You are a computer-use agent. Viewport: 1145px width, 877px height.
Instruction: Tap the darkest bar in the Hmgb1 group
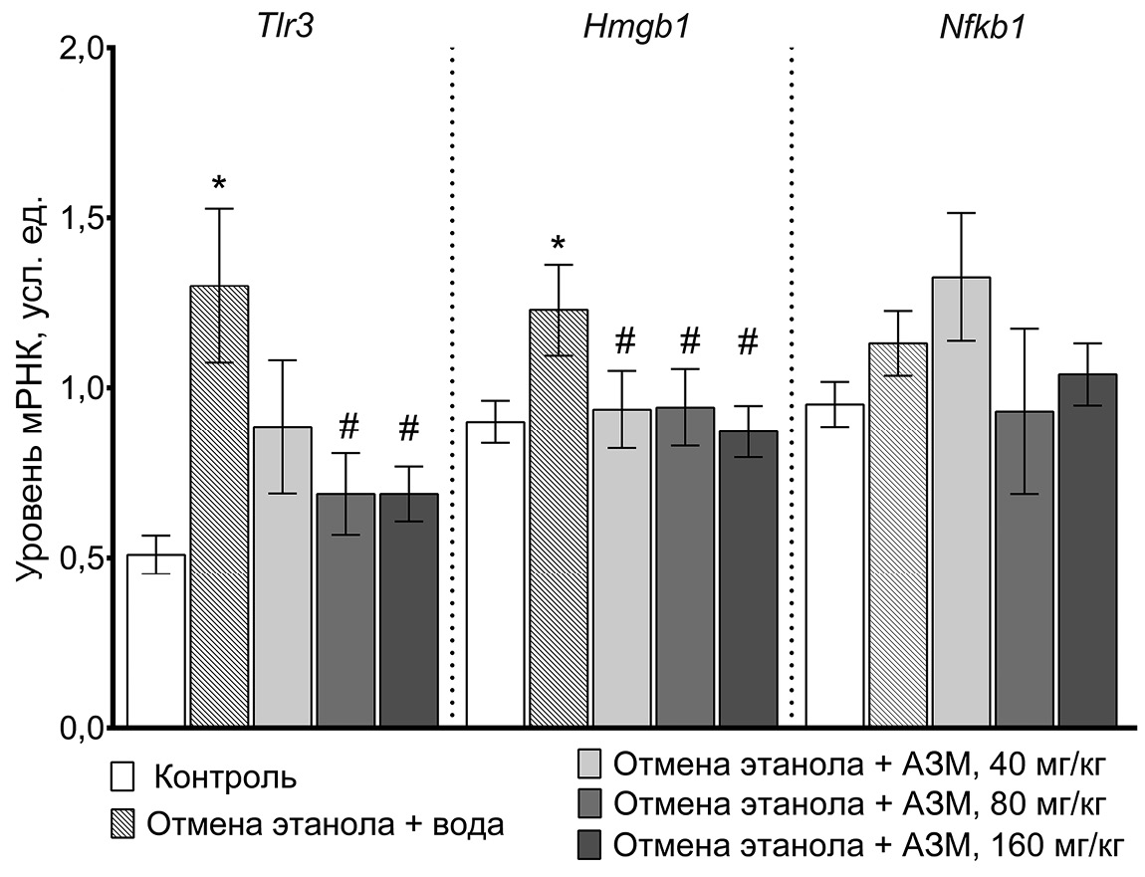coord(748,577)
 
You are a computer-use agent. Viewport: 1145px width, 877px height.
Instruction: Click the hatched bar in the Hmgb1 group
coord(558,518)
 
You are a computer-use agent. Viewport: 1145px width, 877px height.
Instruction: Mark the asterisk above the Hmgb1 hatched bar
coord(558,244)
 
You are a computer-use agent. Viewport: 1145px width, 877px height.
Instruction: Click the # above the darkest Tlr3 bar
coord(408,429)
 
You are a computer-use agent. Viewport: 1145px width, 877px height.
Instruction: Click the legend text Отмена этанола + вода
coord(325,823)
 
